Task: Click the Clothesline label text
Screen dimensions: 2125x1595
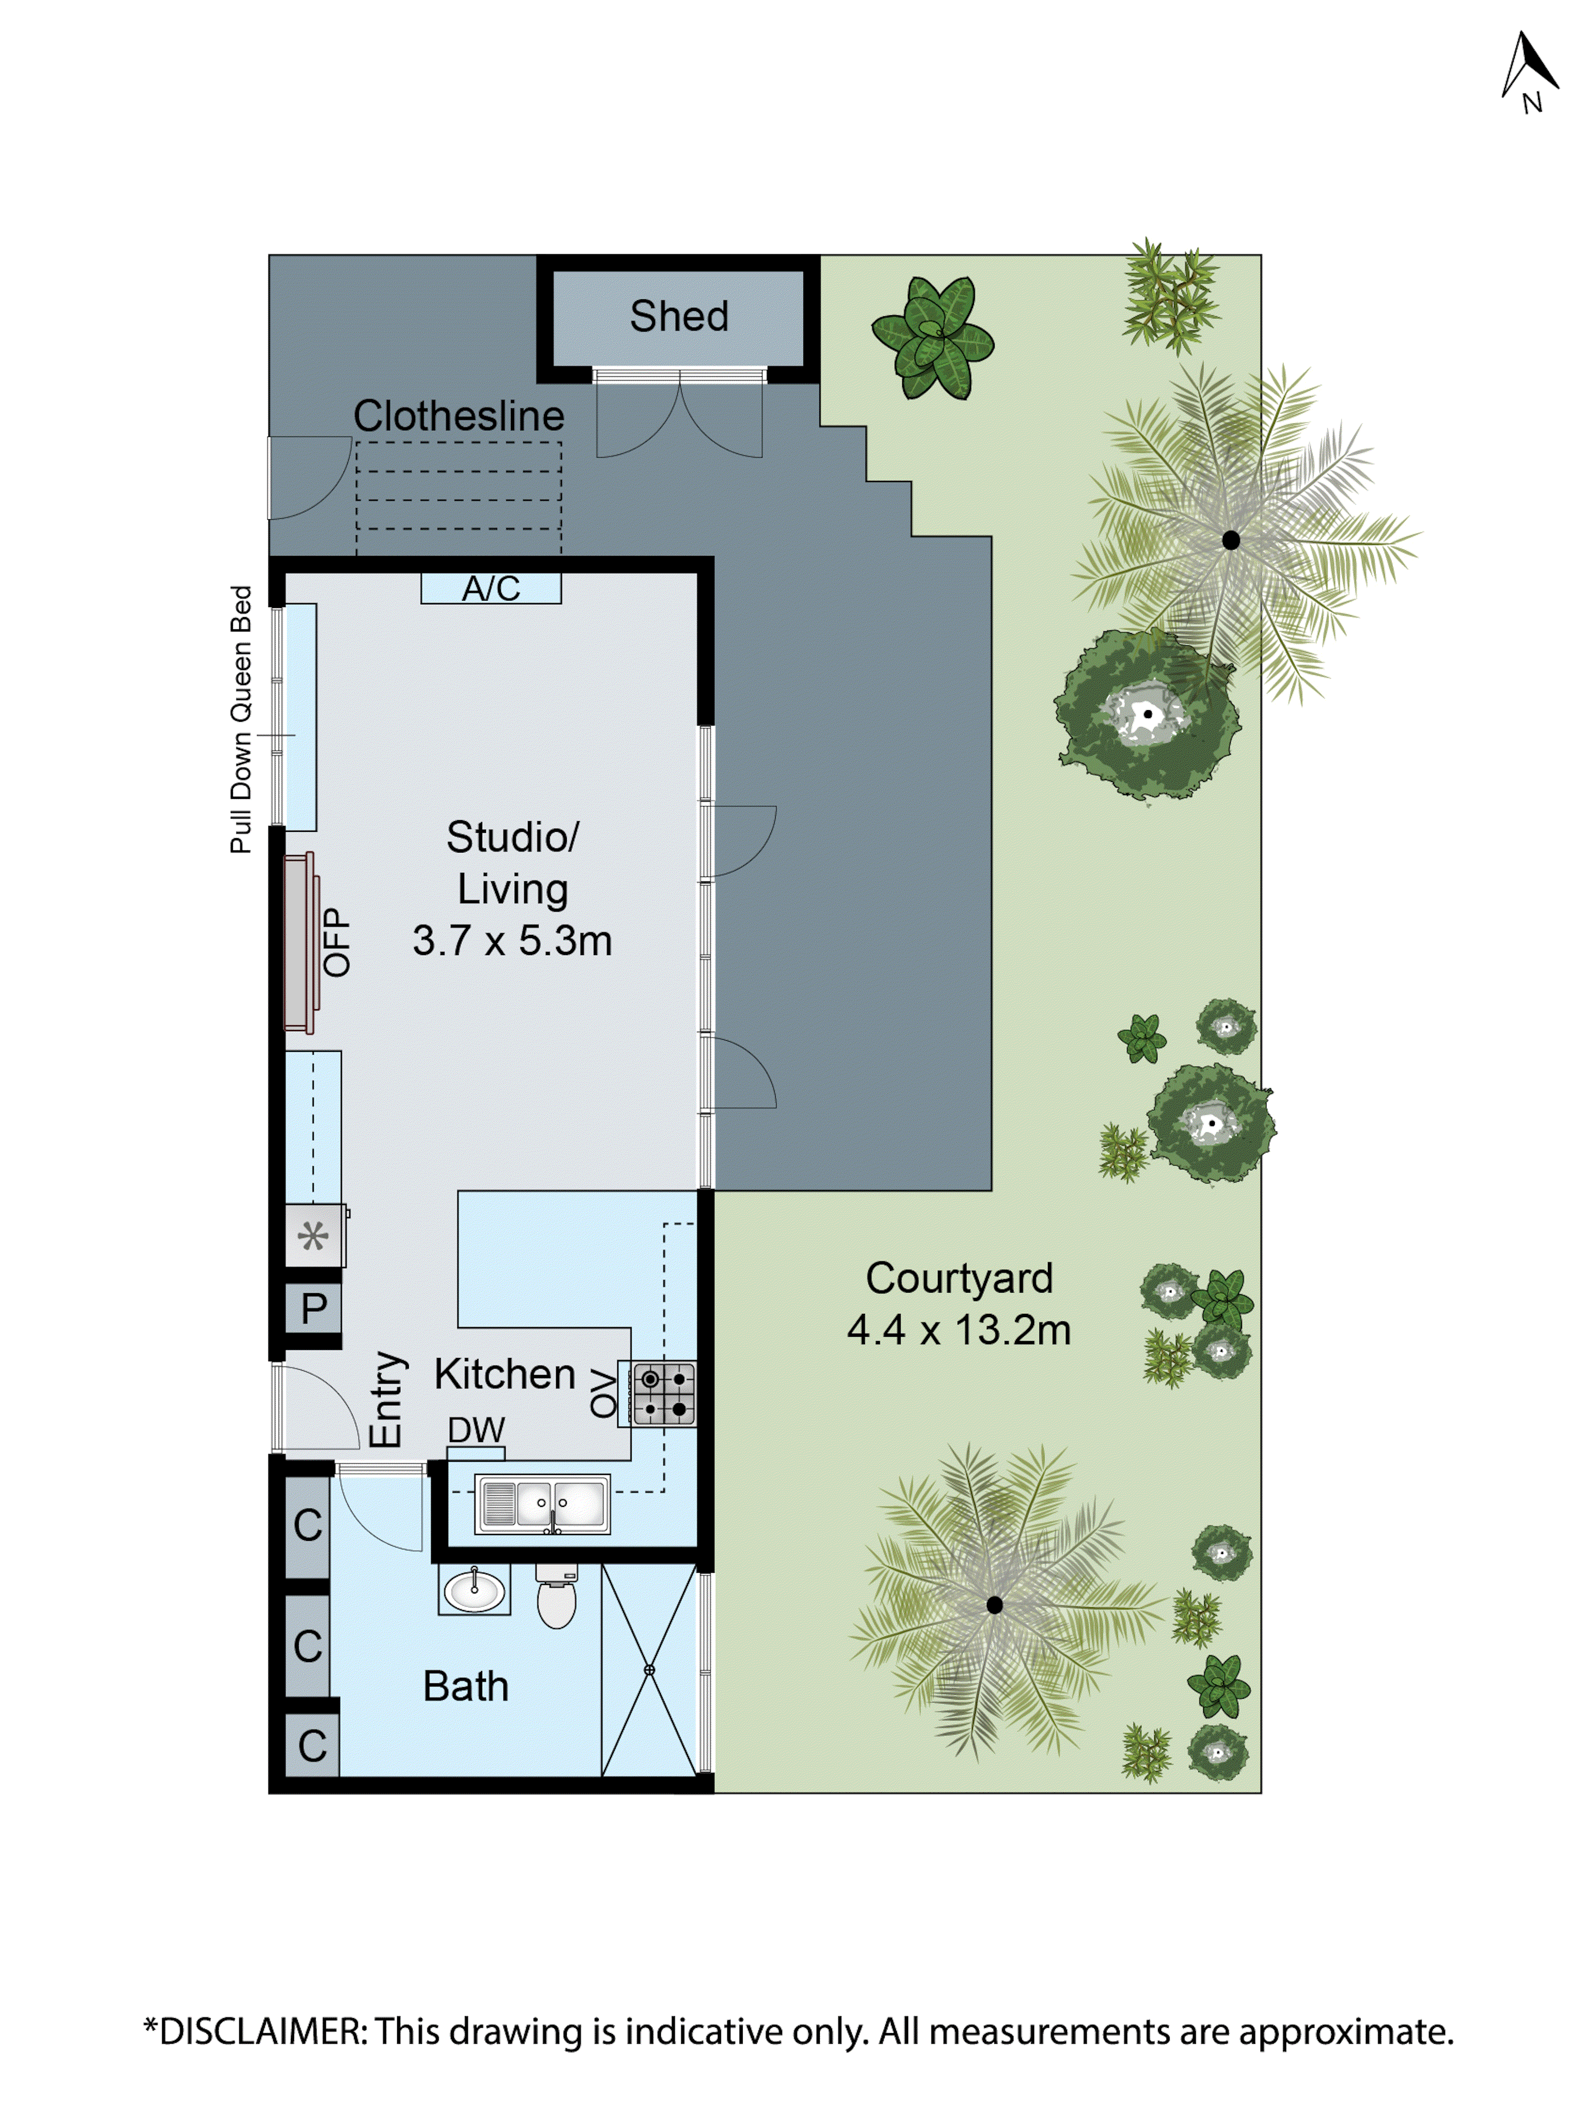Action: pos(458,416)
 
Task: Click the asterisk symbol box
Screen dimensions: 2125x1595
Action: pos(313,1235)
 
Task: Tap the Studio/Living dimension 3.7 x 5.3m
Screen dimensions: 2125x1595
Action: pos(512,940)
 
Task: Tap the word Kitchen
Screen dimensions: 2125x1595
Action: pos(505,1374)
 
